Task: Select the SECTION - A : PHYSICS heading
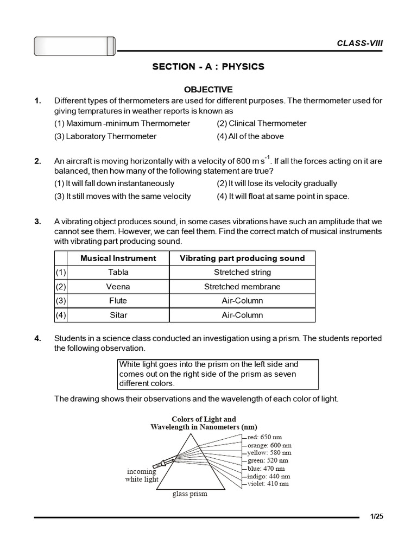click(208, 67)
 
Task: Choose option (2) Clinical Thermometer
click(261, 123)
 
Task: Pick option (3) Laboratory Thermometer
click(105, 136)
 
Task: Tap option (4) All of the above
click(250, 136)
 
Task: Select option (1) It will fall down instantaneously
click(114, 184)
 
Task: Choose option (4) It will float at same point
click(283, 196)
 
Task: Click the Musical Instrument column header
click(118, 258)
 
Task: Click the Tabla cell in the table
click(118, 273)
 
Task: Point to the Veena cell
click(118, 287)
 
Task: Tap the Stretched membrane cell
click(242, 287)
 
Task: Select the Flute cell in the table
click(118, 301)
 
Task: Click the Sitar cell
click(118, 315)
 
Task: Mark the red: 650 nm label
click(264, 437)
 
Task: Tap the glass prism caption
click(190, 494)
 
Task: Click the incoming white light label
click(142, 476)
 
